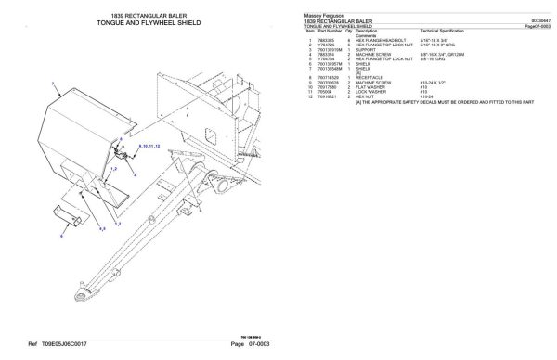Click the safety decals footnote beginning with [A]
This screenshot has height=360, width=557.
[418, 105]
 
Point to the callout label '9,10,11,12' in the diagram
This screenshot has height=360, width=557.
[149, 147]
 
